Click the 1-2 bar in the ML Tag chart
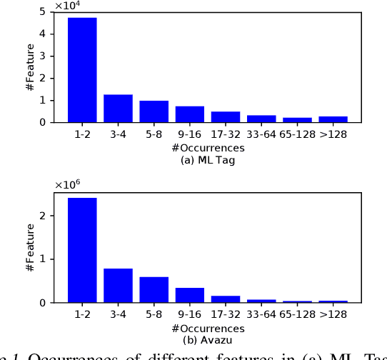pyautogui.click(x=82, y=70)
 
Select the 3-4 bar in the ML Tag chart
pyautogui.click(x=118, y=108)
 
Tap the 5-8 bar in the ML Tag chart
pyautogui.click(x=154, y=111)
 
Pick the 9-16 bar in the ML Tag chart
pyautogui.click(x=189, y=114)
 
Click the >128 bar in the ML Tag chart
pyautogui.click(x=333, y=119)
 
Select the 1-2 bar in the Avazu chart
pyautogui.click(x=82, y=250)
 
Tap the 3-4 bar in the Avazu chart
pyautogui.click(x=118, y=285)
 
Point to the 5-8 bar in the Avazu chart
pyautogui.click(x=154, y=289)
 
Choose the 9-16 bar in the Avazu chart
pyautogui.click(x=189, y=295)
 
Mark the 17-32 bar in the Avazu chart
pyautogui.click(x=225, y=299)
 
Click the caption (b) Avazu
pyautogui.click(x=208, y=339)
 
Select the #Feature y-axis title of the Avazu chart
pyautogui.click(x=30, y=247)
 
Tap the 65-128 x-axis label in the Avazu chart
pyautogui.click(x=296, y=314)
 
